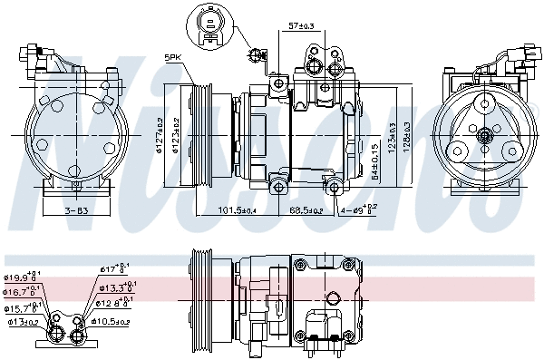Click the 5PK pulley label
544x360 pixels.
point(171,58)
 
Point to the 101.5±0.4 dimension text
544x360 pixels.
point(213,210)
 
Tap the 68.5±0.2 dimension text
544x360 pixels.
point(305,210)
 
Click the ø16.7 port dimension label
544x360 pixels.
point(21,292)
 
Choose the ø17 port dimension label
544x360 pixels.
point(112,268)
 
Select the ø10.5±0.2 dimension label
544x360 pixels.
point(112,321)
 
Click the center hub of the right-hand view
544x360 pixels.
point(484,136)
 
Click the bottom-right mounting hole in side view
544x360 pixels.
point(335,188)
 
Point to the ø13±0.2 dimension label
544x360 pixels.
point(23,321)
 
